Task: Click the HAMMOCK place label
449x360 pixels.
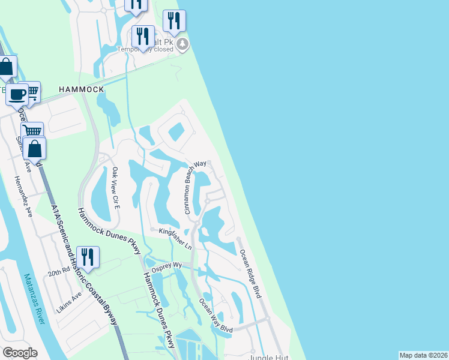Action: [82, 89]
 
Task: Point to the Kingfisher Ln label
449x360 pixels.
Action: [175, 238]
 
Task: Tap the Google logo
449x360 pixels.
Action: [20, 353]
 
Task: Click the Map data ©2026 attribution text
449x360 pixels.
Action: [423, 355]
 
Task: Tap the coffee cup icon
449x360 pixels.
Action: [17, 94]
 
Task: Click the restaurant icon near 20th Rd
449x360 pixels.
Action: [88, 257]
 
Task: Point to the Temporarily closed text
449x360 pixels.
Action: [144, 50]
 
